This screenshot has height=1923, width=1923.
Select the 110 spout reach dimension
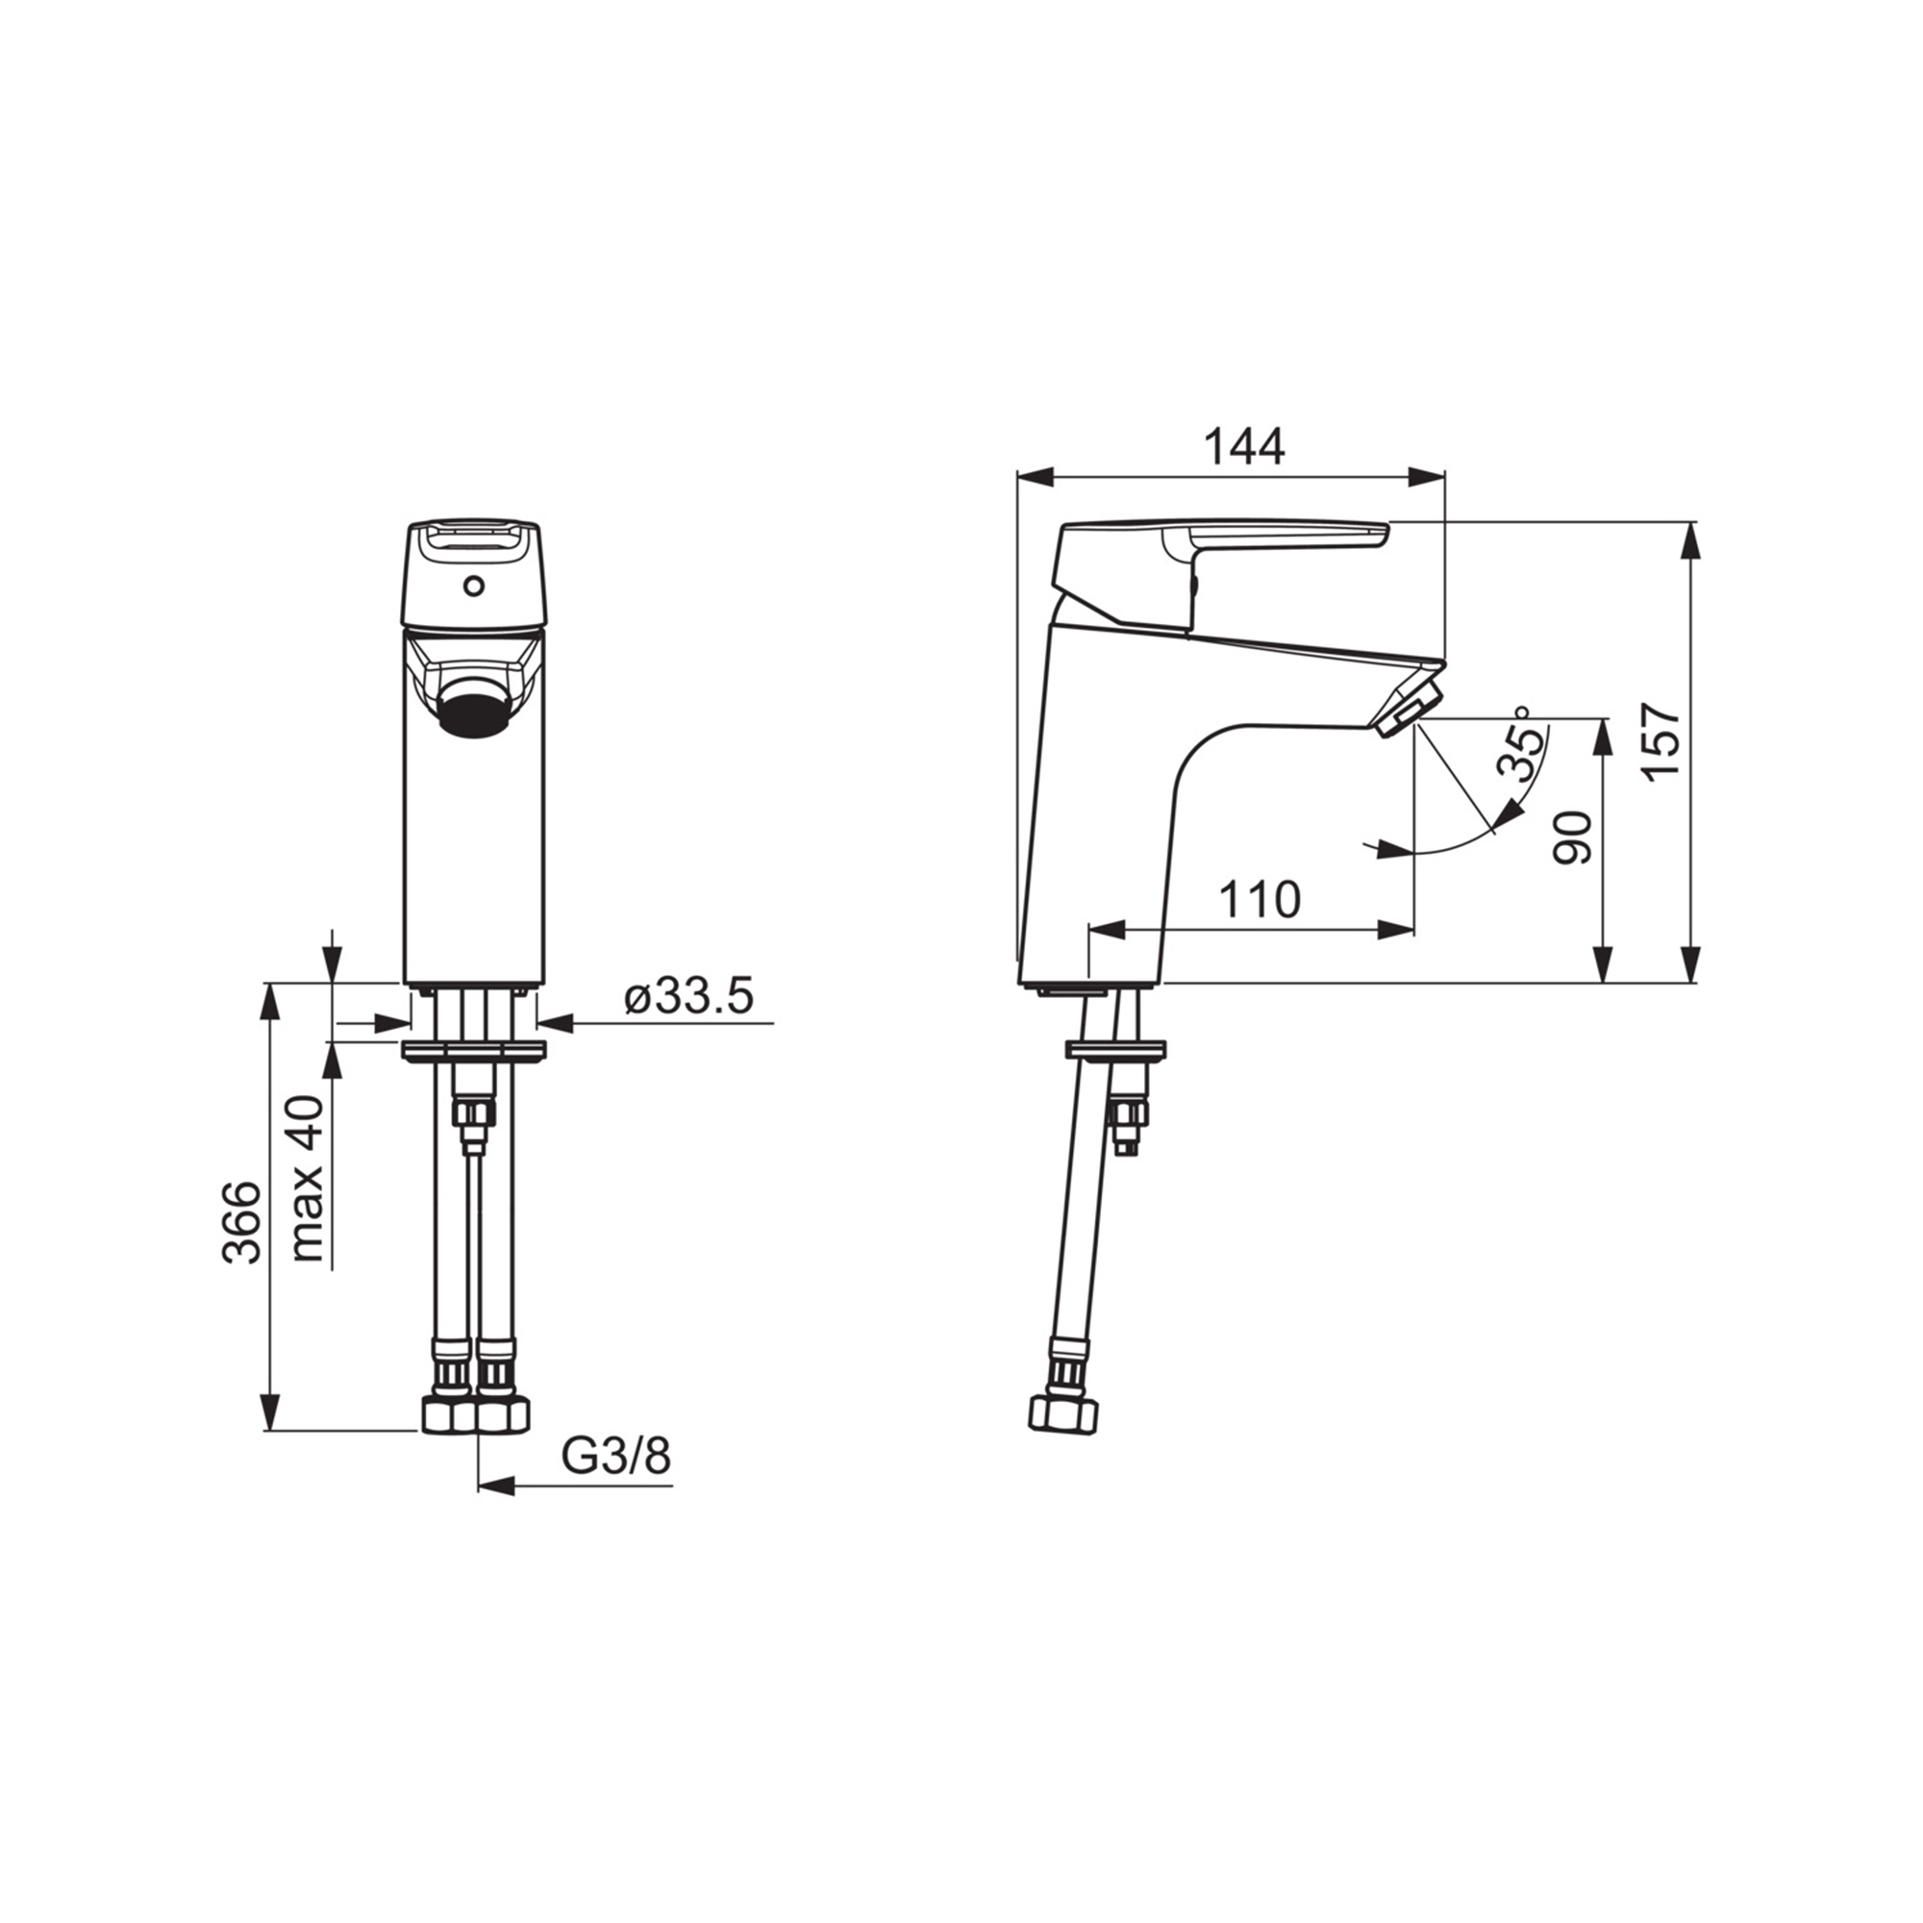1261,901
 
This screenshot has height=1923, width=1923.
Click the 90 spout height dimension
1574,837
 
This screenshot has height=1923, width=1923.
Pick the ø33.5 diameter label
688,996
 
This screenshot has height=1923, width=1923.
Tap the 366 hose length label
241,1223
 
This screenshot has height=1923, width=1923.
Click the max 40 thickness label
309,1180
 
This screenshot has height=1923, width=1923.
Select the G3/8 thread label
616,1460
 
